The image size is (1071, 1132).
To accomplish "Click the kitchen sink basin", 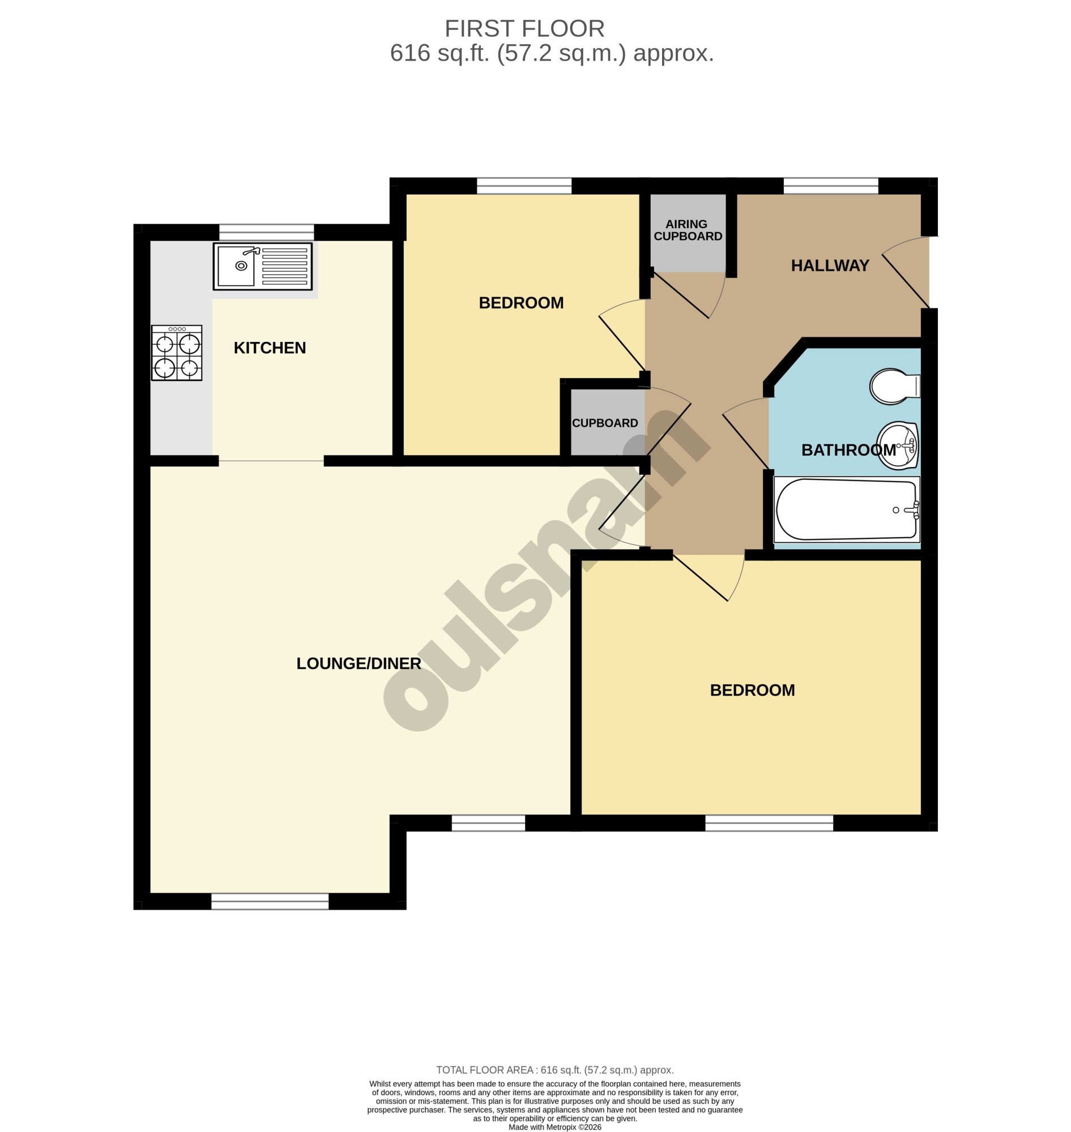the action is [x=236, y=266].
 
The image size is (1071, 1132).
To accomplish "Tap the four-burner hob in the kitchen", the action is [x=176, y=353].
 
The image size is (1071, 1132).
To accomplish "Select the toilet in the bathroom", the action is [x=895, y=386].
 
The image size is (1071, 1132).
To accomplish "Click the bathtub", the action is [x=846, y=509].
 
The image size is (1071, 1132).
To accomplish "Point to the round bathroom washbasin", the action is [x=898, y=445].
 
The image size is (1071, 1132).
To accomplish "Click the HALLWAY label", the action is [x=830, y=265].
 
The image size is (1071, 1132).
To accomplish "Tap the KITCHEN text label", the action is [x=270, y=348].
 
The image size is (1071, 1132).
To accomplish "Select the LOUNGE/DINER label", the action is [x=359, y=663].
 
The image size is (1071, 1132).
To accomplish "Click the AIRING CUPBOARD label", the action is [x=688, y=230].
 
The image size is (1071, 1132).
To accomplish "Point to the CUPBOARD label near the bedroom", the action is [x=604, y=423].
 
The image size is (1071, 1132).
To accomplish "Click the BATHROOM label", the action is [x=848, y=450].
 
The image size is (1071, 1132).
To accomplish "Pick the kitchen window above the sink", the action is [x=267, y=232].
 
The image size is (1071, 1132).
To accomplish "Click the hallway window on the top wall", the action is [x=831, y=186].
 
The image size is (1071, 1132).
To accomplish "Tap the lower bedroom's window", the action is [x=769, y=823].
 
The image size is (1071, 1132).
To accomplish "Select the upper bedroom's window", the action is [x=524, y=186].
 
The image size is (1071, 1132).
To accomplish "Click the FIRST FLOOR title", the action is [x=524, y=28].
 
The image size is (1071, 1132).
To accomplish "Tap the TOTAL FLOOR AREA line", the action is [x=555, y=1070].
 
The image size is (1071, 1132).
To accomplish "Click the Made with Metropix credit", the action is [x=555, y=1127].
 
